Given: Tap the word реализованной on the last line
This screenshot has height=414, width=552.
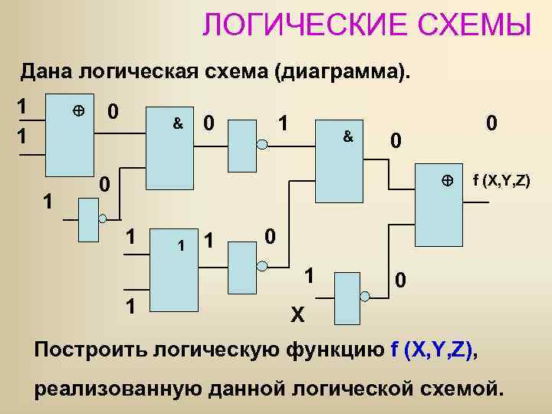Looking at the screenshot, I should pos(118,388).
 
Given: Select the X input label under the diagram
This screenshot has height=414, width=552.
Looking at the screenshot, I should pos(297,314).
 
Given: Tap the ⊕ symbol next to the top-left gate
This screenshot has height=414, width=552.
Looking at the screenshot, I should pos(77,111).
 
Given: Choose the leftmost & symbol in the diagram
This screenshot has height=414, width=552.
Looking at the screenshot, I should pos(177,123).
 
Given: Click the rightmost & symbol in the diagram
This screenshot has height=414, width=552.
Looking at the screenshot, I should pos(347,136).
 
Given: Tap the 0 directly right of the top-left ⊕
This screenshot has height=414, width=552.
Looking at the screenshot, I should pos(112,112).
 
